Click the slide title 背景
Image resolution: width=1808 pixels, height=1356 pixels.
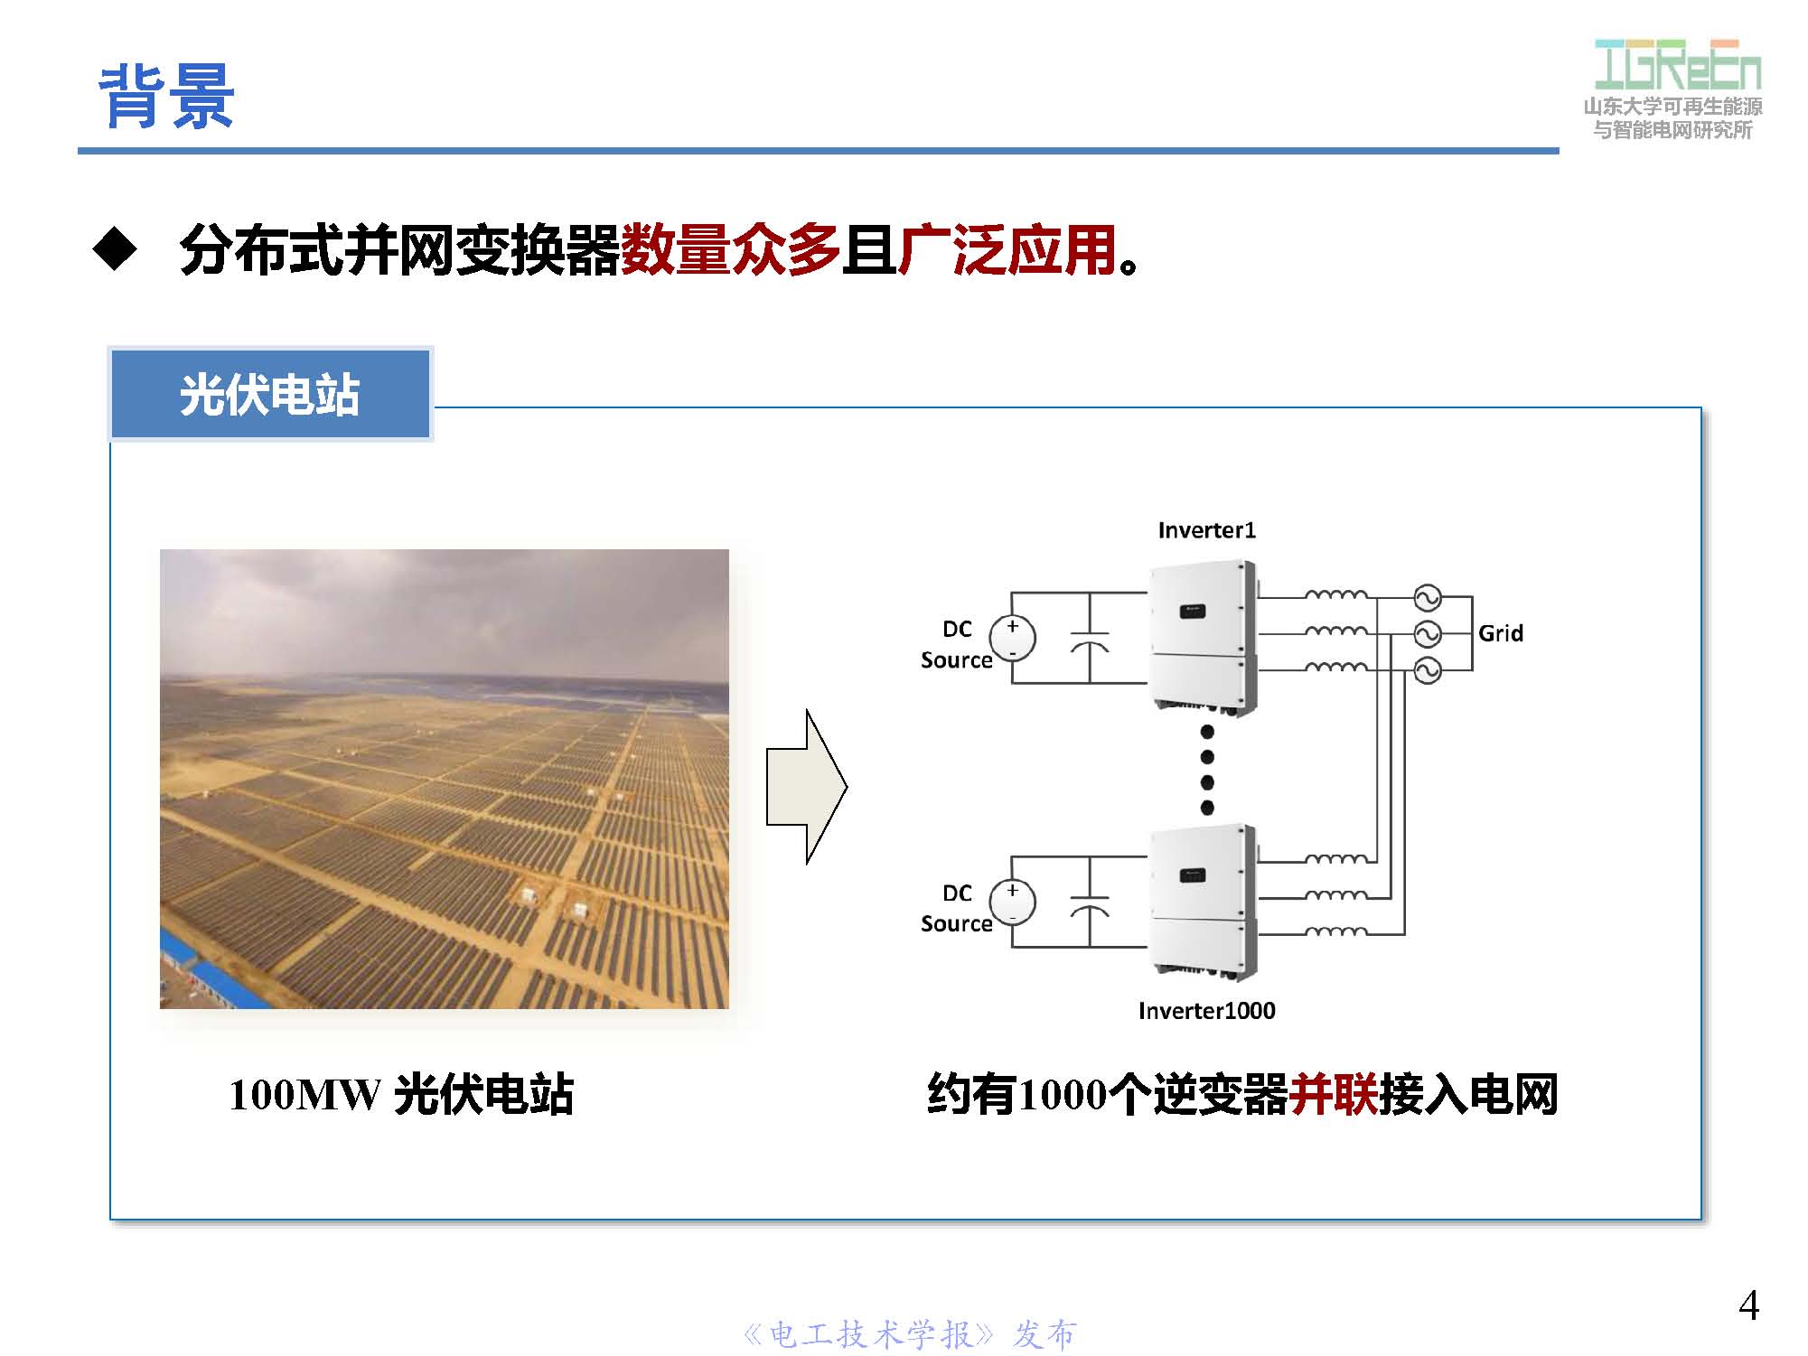click(166, 96)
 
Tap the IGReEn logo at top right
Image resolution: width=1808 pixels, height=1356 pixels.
click(1676, 67)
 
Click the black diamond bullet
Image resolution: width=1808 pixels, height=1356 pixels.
click(115, 249)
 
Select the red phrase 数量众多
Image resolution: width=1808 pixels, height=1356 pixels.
click(730, 249)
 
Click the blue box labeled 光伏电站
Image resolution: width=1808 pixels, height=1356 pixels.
click(269, 395)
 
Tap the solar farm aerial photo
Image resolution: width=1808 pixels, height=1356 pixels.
click(444, 778)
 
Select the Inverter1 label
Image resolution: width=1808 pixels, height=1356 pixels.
click(1206, 530)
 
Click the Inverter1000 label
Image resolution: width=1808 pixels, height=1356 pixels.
click(1206, 1010)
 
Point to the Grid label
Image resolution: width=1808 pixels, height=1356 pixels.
click(1500, 633)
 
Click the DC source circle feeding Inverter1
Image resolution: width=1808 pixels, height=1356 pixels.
click(1012, 638)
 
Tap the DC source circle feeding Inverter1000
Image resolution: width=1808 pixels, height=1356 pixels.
click(1012, 902)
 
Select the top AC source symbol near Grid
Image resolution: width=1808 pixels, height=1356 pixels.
click(1427, 598)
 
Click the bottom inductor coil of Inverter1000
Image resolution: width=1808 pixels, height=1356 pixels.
click(1336, 931)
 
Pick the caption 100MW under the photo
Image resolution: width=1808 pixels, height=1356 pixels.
click(305, 1095)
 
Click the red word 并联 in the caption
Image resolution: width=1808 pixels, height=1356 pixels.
click(1333, 1095)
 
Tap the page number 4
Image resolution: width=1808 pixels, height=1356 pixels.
click(1748, 1305)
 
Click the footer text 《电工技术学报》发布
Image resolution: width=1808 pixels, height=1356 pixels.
click(908, 1334)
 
